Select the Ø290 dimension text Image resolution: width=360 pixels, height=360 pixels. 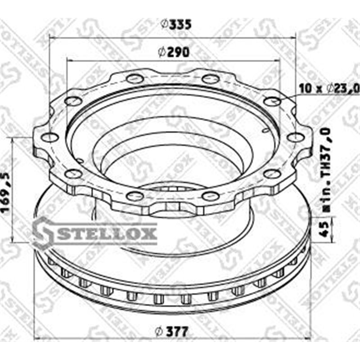tap(173, 52)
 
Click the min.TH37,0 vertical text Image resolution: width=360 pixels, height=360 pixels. tap(327, 164)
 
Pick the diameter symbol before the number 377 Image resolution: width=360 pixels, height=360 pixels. tap(157, 332)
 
